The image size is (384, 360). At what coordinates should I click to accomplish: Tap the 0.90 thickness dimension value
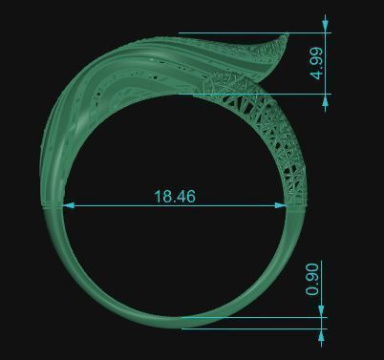tap(311, 280)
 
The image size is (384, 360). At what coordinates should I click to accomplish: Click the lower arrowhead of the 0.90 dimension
tap(322, 333)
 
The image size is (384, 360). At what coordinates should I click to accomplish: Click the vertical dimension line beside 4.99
tap(326, 57)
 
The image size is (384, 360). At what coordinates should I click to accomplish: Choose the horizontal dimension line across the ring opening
tap(115, 204)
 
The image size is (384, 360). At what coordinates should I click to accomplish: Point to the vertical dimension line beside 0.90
tap(322, 286)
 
